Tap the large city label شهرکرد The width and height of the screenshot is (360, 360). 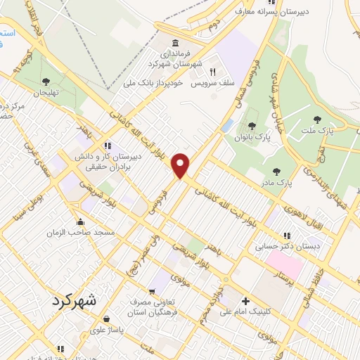(x=77, y=300)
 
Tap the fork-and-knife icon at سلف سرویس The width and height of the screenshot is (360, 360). (x=212, y=72)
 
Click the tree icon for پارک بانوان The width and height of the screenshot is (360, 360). (x=251, y=126)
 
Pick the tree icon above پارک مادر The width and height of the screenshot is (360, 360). (x=276, y=171)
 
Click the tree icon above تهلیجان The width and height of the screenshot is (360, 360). (x=46, y=82)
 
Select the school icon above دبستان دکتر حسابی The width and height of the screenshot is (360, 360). (x=285, y=236)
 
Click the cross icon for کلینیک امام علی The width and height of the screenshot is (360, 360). (x=245, y=299)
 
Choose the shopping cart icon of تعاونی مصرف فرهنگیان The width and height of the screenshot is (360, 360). (x=151, y=291)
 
